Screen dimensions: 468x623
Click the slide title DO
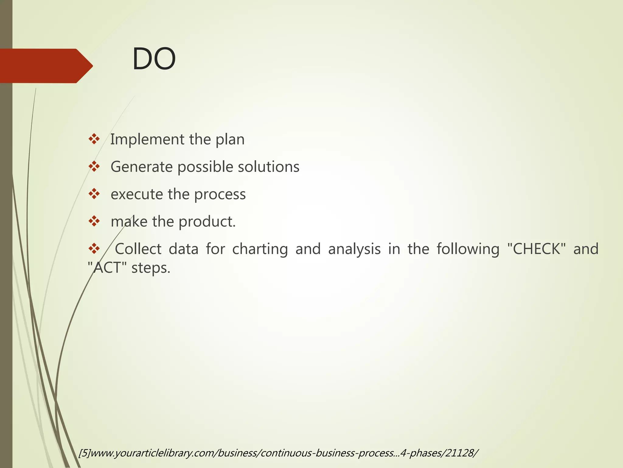click(x=154, y=59)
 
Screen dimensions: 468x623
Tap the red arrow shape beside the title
click(x=46, y=66)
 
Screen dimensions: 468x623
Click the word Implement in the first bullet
click(x=147, y=140)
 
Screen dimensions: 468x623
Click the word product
click(x=207, y=222)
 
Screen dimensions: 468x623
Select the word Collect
click(x=138, y=249)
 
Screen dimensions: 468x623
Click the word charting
click(x=260, y=250)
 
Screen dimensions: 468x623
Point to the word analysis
click(x=354, y=250)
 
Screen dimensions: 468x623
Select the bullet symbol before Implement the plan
click(x=94, y=139)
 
